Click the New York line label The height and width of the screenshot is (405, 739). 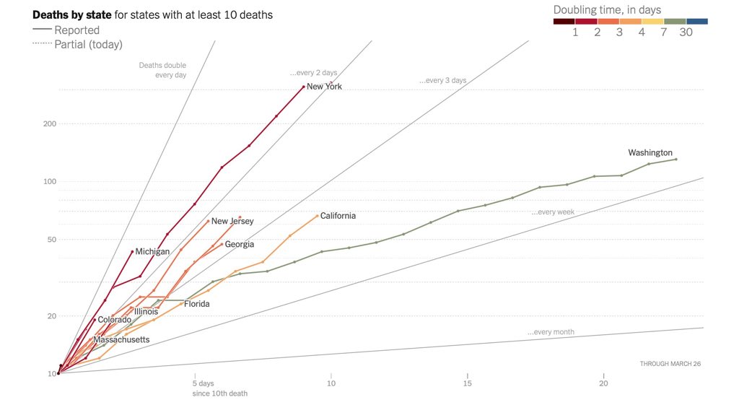coord(324,87)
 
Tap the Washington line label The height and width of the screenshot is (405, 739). coord(650,153)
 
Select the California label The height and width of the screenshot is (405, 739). coord(338,216)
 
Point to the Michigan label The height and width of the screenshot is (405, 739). coord(152,252)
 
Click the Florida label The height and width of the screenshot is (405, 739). coord(196,304)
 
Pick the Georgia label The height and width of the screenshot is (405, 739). coord(240,245)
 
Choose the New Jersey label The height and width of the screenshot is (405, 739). coord(232,222)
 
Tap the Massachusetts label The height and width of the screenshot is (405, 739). coord(122,339)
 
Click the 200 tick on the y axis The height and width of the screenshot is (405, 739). coord(49,123)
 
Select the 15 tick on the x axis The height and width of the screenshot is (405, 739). coord(468,383)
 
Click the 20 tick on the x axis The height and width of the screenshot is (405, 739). coord(603,383)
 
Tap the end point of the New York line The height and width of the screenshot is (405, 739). coord(303,87)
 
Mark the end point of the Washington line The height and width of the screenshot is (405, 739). coord(675,159)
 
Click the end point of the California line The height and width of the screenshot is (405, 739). coord(318,216)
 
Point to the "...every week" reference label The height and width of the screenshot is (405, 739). coord(553,212)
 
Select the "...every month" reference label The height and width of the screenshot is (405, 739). coord(551,332)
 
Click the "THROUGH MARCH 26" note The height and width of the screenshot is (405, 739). coord(670,364)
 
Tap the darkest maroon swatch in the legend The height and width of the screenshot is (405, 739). coord(564,22)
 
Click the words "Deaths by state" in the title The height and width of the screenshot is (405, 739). coord(71,14)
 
